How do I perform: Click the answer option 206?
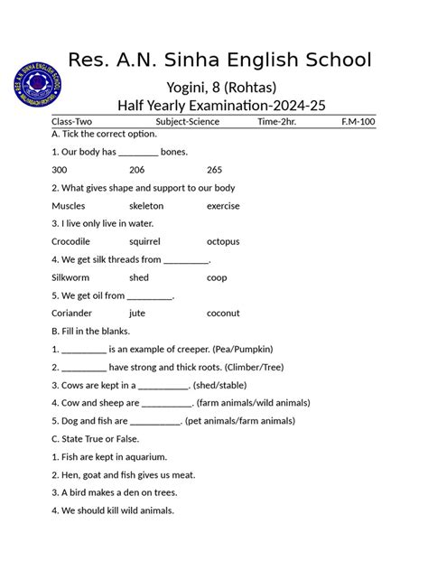pos(137,170)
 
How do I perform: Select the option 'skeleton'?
pos(146,206)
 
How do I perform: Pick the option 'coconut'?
pos(223,313)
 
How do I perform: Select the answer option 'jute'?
pos(137,313)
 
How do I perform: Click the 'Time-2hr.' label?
pos(276,121)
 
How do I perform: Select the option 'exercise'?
pos(223,206)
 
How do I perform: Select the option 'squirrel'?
pos(144,241)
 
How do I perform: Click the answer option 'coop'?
pos(217,277)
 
